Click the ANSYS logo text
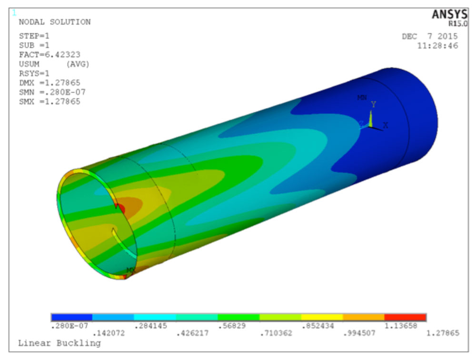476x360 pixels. click(x=449, y=15)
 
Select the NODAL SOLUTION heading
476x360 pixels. click(x=54, y=22)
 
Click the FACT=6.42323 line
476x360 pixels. click(x=50, y=55)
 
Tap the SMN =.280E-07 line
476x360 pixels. click(x=52, y=92)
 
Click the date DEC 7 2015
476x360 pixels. click(x=429, y=37)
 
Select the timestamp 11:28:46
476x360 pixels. click(x=437, y=46)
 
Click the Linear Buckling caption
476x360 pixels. click(x=59, y=343)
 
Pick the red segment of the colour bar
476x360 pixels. click(x=405, y=317)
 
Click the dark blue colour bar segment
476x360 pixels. click(x=71, y=317)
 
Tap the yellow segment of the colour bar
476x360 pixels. click(x=321, y=317)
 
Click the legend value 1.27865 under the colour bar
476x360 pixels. click(x=443, y=333)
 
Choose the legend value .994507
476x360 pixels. click(x=359, y=333)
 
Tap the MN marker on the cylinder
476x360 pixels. click(x=362, y=97)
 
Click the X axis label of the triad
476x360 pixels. click(x=386, y=125)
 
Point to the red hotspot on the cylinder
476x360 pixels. click(x=120, y=208)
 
